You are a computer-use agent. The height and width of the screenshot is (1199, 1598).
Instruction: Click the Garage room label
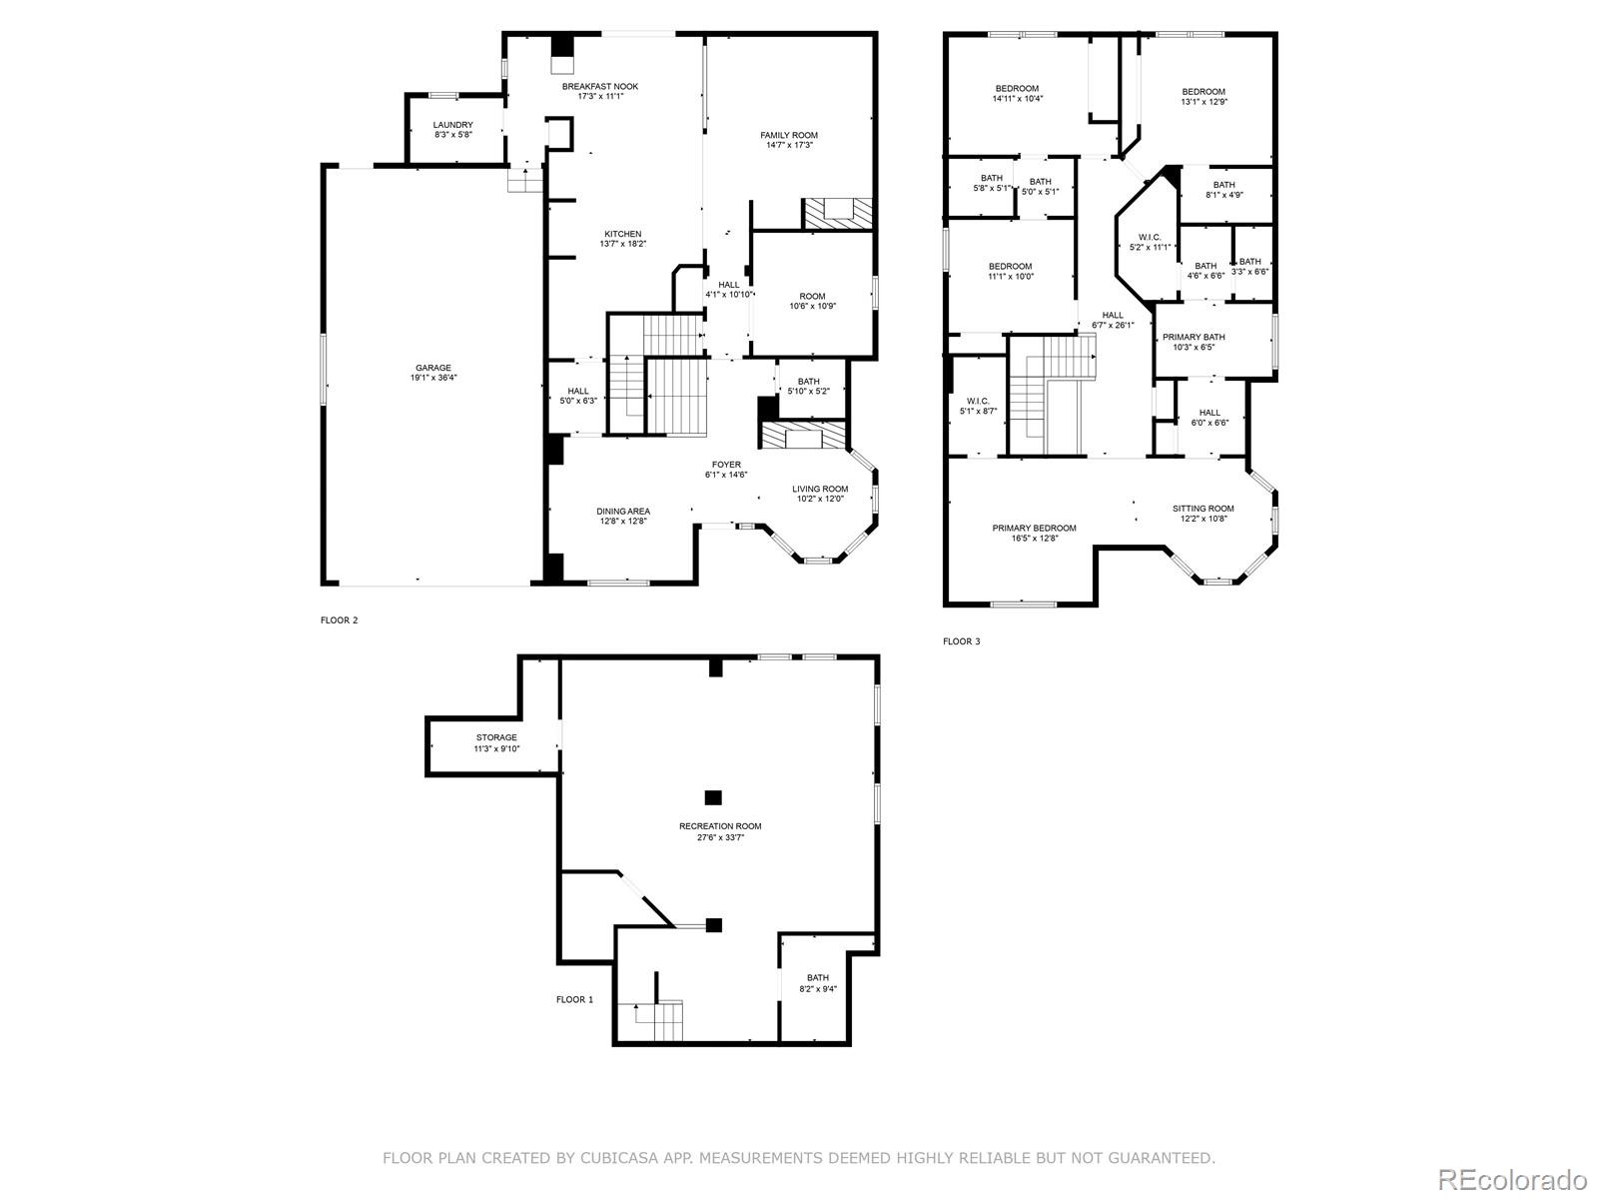point(433,368)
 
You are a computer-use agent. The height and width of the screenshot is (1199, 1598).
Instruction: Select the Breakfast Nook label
point(599,86)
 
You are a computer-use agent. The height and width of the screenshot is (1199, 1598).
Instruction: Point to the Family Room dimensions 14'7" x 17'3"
point(789,146)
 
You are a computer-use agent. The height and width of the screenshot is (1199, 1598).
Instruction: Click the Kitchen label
point(622,234)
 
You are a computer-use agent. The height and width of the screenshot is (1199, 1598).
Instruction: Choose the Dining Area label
point(623,511)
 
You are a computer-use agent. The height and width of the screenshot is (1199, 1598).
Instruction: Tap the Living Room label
point(820,489)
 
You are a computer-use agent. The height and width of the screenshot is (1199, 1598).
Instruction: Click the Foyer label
point(726,465)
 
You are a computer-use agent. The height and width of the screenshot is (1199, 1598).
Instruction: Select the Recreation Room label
point(720,826)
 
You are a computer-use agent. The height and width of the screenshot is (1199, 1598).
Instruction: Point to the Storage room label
point(496,737)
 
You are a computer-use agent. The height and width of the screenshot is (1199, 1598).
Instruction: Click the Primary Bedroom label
point(1034,528)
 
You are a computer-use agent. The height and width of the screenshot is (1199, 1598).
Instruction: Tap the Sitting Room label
point(1202,508)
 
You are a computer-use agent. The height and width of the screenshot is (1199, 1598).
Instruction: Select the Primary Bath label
point(1194,337)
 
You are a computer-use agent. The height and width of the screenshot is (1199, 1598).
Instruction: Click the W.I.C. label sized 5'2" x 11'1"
point(1150,237)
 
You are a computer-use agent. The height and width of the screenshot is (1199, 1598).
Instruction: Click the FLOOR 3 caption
point(961,641)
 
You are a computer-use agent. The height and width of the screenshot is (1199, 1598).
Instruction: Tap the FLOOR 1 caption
point(574,999)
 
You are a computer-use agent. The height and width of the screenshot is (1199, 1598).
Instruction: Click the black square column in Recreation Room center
point(713,797)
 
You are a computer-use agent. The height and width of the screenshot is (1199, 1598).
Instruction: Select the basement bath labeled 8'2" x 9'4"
point(818,978)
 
